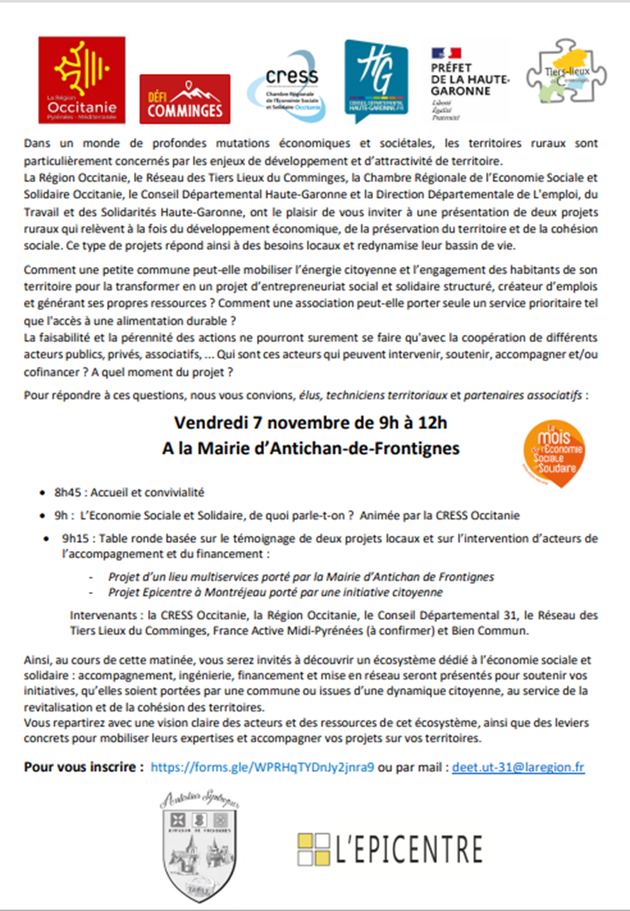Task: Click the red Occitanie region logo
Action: [82, 79]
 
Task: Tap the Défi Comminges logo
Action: [185, 99]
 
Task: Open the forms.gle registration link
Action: [262, 767]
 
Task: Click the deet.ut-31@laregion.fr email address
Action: [518, 767]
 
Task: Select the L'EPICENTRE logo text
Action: [409, 849]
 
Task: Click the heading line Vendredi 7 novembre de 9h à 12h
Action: [311, 422]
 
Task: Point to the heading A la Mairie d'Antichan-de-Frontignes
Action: [311, 448]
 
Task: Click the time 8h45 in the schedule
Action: [68, 492]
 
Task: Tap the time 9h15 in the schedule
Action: [76, 538]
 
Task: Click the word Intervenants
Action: [103, 615]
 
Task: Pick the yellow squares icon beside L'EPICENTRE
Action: [313, 849]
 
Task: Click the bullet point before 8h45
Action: [42, 493]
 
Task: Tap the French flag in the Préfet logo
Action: [446, 54]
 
